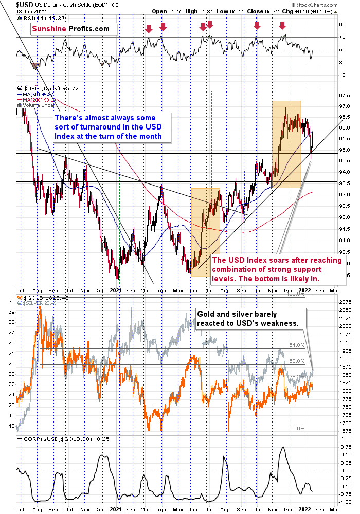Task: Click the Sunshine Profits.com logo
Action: click(71, 29)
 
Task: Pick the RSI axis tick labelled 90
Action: click(341, 24)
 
